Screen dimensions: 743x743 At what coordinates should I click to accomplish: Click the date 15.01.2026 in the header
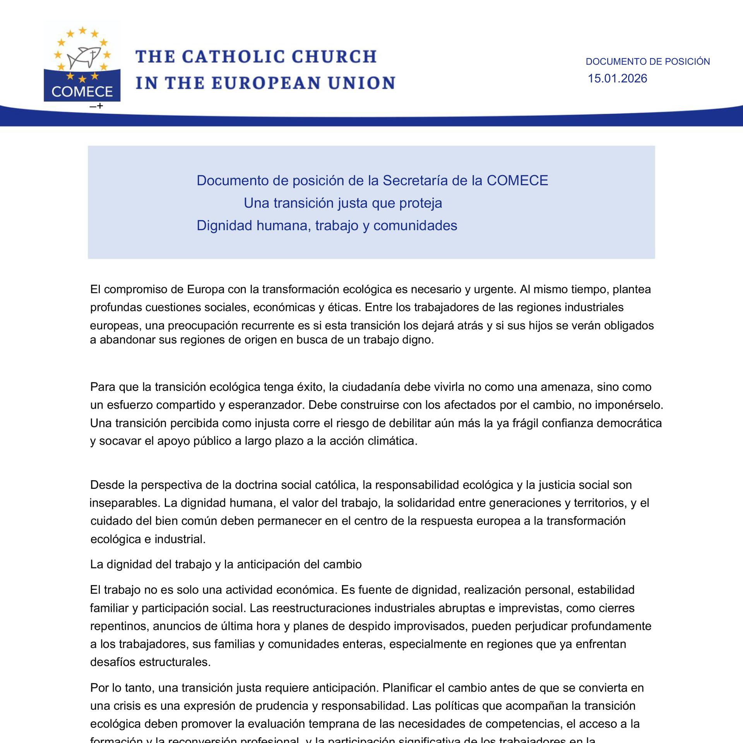(617, 79)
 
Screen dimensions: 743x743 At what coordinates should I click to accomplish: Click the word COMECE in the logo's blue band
(82, 92)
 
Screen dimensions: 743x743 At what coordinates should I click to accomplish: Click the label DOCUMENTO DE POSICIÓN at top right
(647, 62)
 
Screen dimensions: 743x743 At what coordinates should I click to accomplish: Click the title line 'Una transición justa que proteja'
(342, 203)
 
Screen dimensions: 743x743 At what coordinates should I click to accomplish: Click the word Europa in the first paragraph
(206, 289)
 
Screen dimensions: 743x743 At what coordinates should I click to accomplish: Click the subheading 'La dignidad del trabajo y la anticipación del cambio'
(226, 564)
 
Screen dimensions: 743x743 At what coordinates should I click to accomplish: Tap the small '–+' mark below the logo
(96, 106)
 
